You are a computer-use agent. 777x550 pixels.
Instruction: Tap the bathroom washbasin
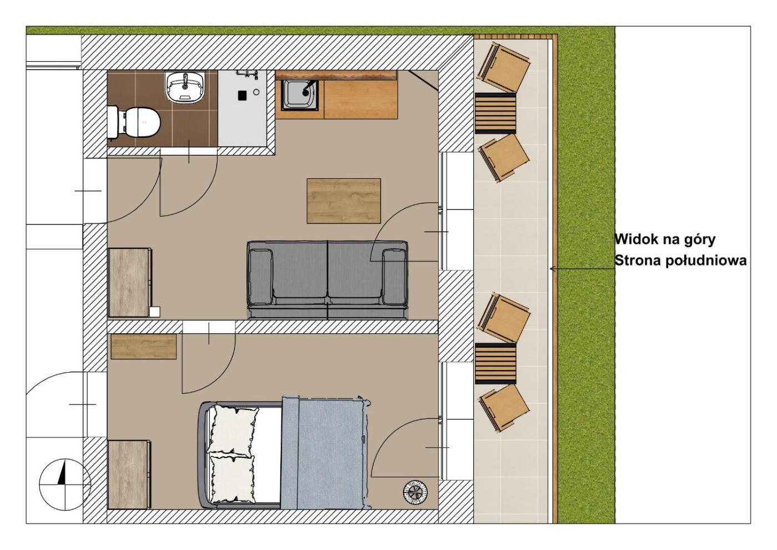point(185,87)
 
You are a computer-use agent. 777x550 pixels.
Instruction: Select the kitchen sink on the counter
point(299,95)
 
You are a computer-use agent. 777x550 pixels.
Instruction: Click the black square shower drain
point(243,95)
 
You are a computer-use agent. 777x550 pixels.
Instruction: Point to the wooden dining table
point(344,201)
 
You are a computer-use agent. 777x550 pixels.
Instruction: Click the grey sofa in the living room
point(327,279)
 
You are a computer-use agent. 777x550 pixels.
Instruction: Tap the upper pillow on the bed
point(233,431)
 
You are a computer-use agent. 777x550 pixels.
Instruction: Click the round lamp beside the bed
point(415,492)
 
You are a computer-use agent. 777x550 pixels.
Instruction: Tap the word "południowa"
point(706,261)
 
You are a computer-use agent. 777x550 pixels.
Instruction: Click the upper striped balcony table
point(495,113)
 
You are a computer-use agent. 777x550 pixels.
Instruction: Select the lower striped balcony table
point(495,363)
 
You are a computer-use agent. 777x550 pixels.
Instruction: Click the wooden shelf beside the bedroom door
point(143,347)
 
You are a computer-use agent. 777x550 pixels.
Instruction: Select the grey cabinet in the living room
point(130,282)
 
